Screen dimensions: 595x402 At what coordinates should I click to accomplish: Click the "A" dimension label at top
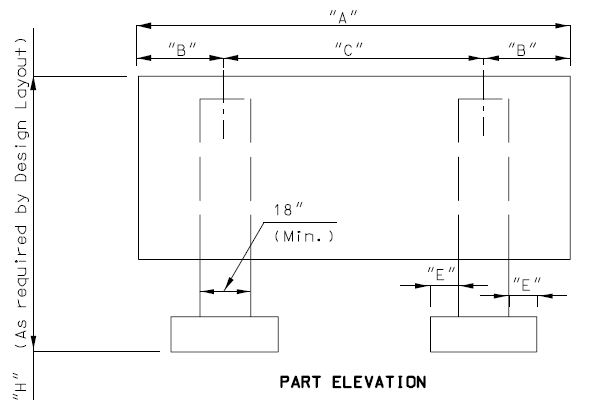point(343,17)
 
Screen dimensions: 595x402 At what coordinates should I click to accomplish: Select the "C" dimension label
point(349,49)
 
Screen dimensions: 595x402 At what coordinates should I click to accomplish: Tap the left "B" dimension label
point(183,49)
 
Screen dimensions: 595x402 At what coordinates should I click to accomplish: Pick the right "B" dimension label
point(523,49)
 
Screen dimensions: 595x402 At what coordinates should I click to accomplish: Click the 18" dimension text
point(288,210)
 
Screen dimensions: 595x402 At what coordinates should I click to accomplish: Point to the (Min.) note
point(304,236)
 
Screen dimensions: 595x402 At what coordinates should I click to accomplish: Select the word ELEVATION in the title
point(379,382)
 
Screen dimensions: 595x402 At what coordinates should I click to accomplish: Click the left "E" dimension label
point(441,274)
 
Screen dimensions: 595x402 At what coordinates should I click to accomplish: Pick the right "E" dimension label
point(527,285)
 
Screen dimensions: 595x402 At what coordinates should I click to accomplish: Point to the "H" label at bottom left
point(20,386)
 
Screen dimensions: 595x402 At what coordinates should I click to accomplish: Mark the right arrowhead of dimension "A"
point(563,26)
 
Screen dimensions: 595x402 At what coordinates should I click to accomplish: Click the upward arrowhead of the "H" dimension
point(33,84)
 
